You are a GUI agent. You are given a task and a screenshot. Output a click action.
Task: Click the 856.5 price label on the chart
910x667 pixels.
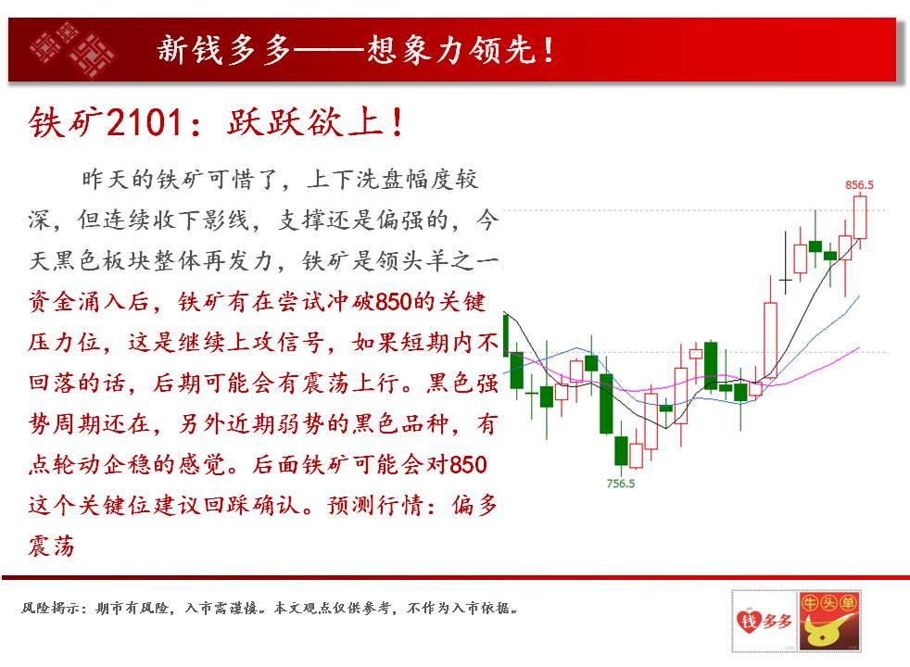[859, 185]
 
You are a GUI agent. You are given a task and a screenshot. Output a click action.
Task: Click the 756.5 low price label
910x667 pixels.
[620, 484]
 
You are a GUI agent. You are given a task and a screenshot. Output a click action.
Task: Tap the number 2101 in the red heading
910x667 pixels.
[145, 122]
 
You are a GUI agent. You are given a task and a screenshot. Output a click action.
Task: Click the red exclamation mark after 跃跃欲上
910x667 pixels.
[398, 122]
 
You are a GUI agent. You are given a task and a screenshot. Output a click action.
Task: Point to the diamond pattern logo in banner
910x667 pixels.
[72, 49]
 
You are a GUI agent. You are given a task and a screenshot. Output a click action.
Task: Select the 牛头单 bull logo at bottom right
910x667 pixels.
[829, 621]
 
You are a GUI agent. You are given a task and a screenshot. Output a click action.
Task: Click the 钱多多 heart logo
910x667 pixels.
[765, 621]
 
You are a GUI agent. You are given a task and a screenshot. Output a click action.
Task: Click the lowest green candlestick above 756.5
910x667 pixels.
[621, 451]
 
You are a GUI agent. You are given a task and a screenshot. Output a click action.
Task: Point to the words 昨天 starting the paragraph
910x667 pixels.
[105, 179]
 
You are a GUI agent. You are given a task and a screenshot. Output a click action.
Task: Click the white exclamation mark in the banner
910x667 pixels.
[548, 50]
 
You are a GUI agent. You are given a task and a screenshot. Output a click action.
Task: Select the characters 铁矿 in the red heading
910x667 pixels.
[65, 122]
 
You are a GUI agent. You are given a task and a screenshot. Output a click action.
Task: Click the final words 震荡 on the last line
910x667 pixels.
[51, 547]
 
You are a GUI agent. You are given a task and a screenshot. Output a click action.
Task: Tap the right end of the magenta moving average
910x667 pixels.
[859, 348]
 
